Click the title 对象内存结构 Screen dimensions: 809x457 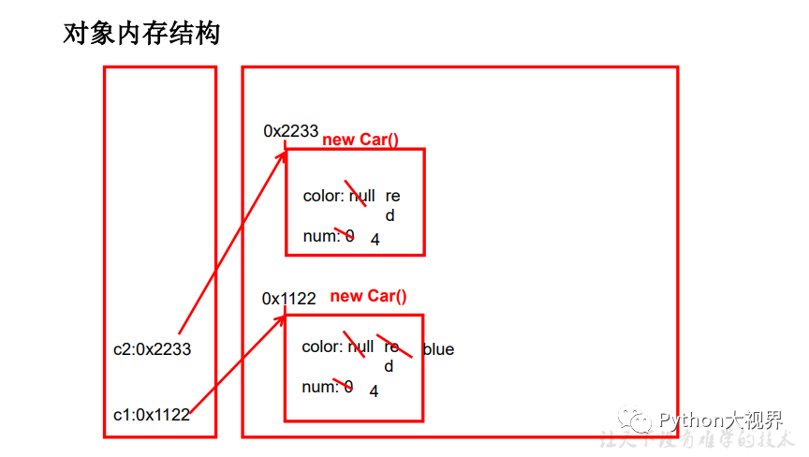pos(140,35)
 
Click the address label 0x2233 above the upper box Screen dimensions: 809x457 pos(290,131)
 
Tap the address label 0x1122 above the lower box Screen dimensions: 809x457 pos(289,299)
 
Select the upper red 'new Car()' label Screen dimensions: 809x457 pos(360,140)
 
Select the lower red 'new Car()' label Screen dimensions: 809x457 pos(369,296)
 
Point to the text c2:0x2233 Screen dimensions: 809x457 pos(152,349)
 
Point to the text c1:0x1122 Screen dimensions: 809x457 pos(151,415)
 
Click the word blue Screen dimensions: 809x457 pos(438,349)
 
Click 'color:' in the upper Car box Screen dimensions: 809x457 pos(324,196)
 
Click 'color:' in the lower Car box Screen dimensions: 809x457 pos(322,346)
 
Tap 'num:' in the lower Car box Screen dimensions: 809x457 pos(319,387)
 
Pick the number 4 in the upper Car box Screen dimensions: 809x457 pos(375,240)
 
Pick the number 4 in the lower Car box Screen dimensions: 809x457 pos(374,391)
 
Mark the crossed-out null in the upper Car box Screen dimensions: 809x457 pos(362,196)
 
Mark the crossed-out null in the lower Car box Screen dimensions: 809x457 pos(360,346)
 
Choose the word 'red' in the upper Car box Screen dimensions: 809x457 pos(392,204)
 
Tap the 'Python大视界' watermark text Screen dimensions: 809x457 pos(720,420)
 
